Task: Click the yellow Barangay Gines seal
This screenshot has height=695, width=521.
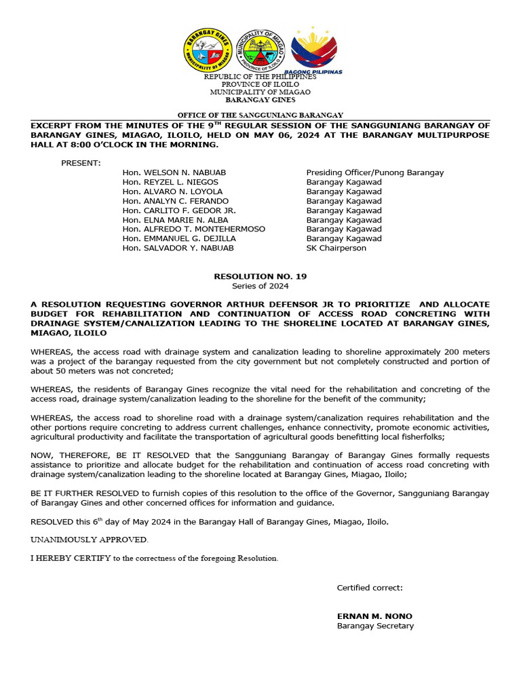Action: pos(207,51)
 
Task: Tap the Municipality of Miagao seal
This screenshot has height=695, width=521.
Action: pos(260,52)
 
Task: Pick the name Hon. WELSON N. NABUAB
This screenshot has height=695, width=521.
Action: pos(174,172)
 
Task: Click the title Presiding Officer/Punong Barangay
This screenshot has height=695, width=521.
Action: pos(375,172)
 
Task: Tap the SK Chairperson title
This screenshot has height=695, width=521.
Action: pos(336,248)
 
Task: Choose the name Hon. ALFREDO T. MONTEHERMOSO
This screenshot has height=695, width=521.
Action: pos(194,229)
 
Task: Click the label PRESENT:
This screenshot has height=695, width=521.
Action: pos(81,163)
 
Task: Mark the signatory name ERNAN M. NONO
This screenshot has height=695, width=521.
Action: pos(374,616)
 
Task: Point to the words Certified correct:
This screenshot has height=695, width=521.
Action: pos(370,588)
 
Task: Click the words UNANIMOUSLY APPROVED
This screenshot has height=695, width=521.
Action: pos(89,540)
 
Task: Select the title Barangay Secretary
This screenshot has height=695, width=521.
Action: pos(375,626)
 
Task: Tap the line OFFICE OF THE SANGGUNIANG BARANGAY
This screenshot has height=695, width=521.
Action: pos(260,115)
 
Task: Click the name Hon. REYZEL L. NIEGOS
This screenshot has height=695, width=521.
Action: pos(170,182)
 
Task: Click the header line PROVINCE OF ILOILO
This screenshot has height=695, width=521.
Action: pos(260,84)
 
